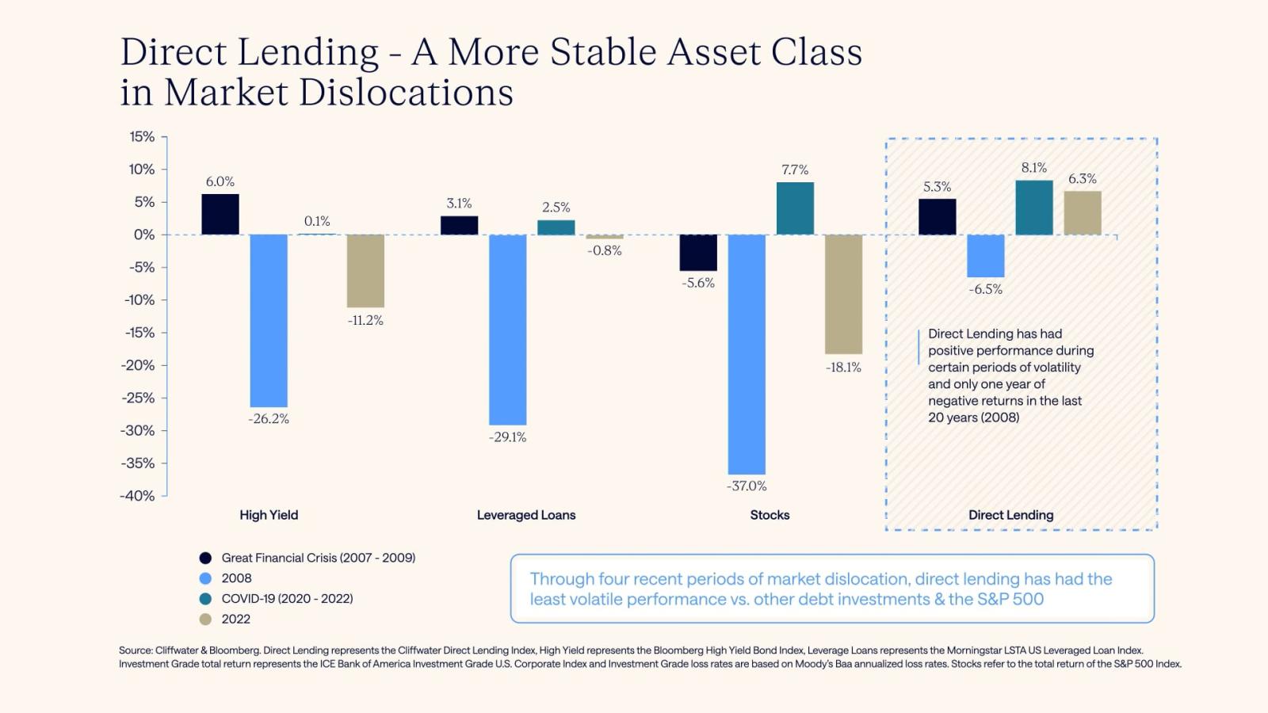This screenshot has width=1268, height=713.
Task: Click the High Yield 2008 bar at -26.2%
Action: click(269, 320)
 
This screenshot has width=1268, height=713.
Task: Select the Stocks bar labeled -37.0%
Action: click(747, 354)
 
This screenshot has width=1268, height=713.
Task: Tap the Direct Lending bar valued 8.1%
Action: click(1034, 208)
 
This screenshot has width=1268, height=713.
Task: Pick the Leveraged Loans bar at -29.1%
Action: click(507, 330)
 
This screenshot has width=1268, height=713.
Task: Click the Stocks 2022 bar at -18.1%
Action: click(843, 294)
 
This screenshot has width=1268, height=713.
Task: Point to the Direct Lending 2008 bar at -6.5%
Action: click(985, 255)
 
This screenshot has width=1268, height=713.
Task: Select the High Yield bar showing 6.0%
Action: click(220, 214)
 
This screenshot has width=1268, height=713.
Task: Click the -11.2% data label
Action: click(365, 320)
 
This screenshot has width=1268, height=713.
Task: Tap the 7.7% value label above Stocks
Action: click(795, 170)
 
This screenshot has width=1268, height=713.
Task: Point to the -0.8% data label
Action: click(605, 250)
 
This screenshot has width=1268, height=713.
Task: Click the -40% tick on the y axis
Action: click(138, 496)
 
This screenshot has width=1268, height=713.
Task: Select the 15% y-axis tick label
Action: click(142, 137)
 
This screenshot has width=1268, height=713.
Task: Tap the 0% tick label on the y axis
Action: click(144, 234)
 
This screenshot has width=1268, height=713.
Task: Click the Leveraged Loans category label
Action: click(526, 515)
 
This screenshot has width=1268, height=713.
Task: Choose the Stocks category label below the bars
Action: click(770, 515)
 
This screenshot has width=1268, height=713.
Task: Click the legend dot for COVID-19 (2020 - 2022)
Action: click(206, 599)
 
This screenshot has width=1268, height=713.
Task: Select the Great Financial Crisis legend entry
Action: click(318, 558)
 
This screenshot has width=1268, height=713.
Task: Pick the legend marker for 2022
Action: click(206, 620)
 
